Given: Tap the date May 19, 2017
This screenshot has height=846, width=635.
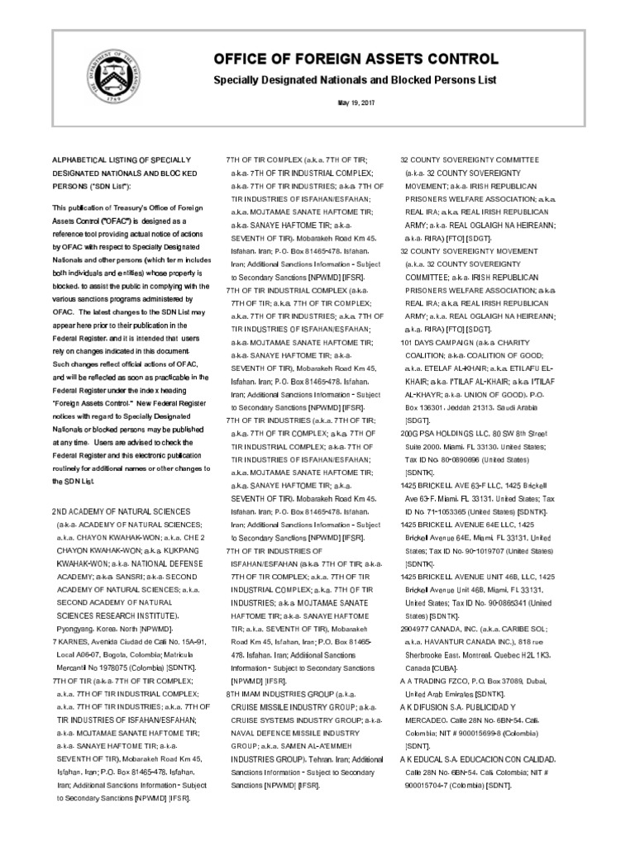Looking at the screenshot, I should [356, 102].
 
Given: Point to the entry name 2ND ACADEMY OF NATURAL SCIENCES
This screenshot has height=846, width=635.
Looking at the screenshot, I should [121, 511].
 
